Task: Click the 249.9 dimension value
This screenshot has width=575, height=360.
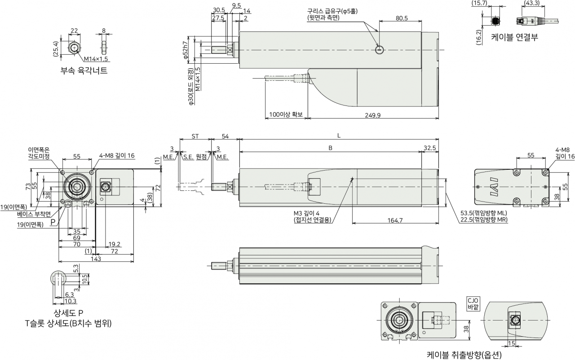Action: coord(373,115)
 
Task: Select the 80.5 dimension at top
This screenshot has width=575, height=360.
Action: coord(402,18)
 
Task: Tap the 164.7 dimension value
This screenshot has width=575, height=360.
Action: coord(395,220)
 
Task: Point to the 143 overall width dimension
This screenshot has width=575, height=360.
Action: coord(96,259)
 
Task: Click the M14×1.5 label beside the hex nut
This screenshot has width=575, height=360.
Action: coord(96,59)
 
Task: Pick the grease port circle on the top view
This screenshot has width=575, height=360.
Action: coord(380,50)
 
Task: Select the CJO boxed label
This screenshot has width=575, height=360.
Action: coord(473,304)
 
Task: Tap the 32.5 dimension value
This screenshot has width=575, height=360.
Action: coord(430,148)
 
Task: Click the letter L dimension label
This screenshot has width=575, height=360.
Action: coord(339,136)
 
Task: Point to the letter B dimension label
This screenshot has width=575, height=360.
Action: coord(330,148)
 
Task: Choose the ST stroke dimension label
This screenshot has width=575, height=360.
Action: coord(195,136)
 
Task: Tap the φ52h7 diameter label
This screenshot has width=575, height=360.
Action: coord(186,50)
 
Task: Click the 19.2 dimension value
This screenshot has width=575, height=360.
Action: coord(114,244)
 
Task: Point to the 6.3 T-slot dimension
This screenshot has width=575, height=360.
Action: coord(69,295)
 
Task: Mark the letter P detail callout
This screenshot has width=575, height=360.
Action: coord(53,222)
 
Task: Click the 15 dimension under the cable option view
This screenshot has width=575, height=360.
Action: coord(511,343)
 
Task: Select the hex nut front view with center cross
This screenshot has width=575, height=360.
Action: coord(75,48)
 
